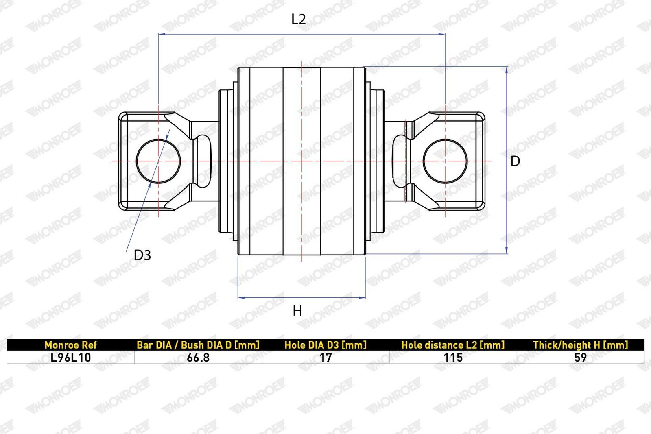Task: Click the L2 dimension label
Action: tap(299, 20)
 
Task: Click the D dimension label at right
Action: tap(515, 161)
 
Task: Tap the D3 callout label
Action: tap(142, 255)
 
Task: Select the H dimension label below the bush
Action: tap(297, 311)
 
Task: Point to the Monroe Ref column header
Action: tap(71, 345)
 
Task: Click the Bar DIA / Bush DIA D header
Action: tap(198, 345)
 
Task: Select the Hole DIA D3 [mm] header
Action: tap(325, 345)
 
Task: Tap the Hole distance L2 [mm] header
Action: tap(453, 345)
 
